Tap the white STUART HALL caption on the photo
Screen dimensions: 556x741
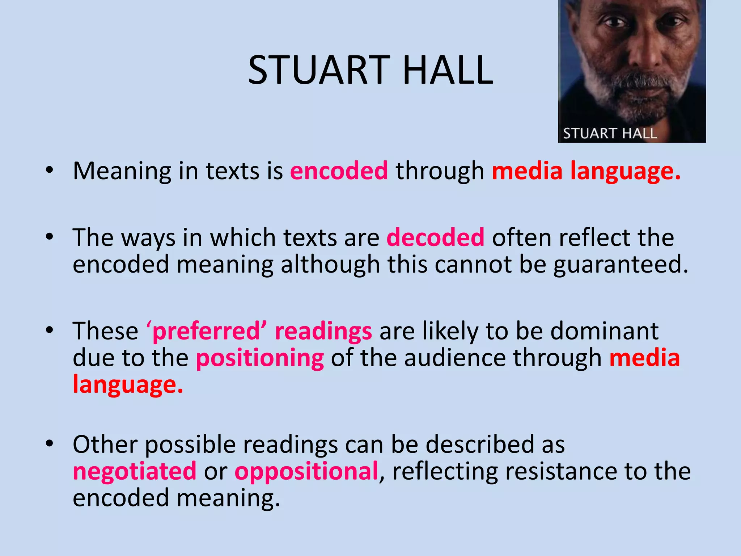(610, 133)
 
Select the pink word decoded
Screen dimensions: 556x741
(435, 237)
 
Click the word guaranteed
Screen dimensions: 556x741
(621, 264)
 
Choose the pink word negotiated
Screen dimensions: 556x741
(135, 471)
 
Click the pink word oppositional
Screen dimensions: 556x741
(306, 471)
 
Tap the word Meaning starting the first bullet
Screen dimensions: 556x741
(122, 171)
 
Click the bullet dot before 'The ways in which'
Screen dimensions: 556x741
(50, 237)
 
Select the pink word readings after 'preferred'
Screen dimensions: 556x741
(323, 331)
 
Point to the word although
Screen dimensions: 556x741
(330, 264)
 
